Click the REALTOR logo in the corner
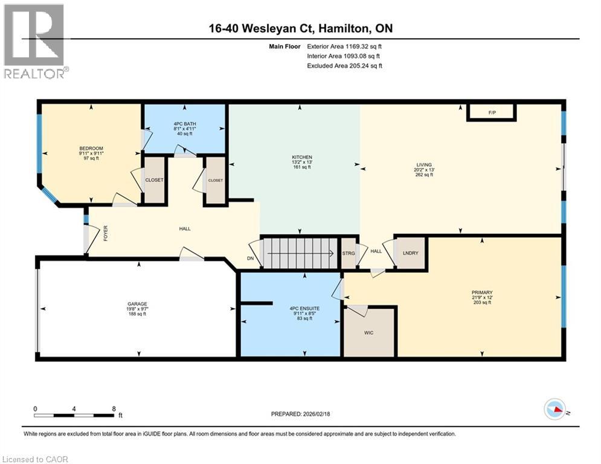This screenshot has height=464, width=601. (34, 41)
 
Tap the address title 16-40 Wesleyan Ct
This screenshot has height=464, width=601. (300, 28)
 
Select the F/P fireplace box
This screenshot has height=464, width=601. (490, 112)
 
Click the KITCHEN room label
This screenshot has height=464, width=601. (301, 158)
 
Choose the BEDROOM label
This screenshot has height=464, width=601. (91, 149)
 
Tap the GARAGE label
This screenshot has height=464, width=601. (137, 304)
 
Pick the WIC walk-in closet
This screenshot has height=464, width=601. (369, 332)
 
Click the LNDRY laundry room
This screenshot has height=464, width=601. (411, 253)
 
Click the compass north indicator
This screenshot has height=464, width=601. (556, 410)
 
